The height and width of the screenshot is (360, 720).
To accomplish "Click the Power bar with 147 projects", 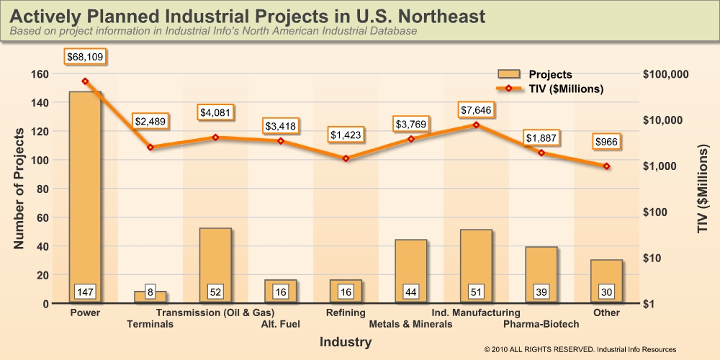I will click(x=85, y=194).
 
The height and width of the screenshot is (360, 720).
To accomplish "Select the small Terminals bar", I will click(x=150, y=297).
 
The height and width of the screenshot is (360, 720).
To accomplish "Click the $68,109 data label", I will click(x=85, y=56).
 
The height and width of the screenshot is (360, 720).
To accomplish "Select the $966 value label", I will click(x=606, y=142).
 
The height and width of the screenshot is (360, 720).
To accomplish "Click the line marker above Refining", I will click(x=346, y=158).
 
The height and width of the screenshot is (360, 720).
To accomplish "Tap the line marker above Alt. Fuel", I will click(x=281, y=141).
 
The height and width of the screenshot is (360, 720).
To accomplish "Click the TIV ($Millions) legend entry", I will click(x=551, y=89).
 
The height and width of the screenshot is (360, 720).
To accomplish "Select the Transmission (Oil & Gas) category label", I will click(x=215, y=312).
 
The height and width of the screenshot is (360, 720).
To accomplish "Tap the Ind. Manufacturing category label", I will click(x=475, y=312).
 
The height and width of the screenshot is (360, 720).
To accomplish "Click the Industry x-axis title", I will click(x=346, y=343).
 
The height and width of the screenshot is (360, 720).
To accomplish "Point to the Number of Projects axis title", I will click(x=20, y=189).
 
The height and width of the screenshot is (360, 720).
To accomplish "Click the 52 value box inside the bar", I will click(x=215, y=292).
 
